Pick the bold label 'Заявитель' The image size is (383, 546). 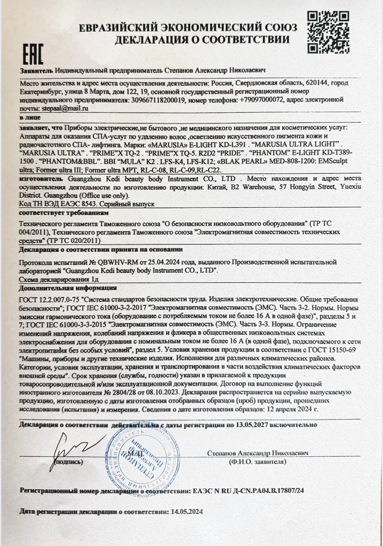coord(36,71)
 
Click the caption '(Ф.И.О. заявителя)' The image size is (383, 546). coord(257,462)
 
